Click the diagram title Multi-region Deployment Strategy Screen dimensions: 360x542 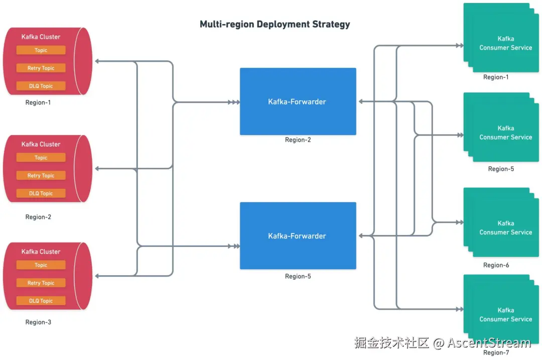click(x=275, y=24)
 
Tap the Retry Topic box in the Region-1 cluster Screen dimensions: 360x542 click(x=41, y=68)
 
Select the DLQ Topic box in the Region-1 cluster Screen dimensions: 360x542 click(x=41, y=86)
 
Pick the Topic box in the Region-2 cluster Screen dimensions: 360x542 click(x=41, y=158)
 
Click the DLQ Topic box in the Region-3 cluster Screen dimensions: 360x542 click(x=41, y=301)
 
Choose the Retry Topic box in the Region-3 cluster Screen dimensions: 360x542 click(x=41, y=283)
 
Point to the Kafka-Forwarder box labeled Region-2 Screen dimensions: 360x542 click(x=298, y=101)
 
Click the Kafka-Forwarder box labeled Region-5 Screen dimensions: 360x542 click(x=298, y=235)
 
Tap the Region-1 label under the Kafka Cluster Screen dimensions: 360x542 click(x=38, y=102)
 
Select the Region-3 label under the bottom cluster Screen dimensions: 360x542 click(x=38, y=322)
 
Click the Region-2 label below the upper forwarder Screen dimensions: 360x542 click(x=298, y=140)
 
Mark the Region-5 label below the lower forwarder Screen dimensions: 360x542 click(x=298, y=276)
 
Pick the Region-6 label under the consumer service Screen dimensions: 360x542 click(x=496, y=265)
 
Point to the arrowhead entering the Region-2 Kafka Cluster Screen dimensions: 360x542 click(x=97, y=169)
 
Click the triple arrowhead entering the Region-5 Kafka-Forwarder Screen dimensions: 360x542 click(x=234, y=246)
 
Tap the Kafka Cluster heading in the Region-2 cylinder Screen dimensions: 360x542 click(x=41, y=144)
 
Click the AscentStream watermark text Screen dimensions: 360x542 click(x=489, y=343)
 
